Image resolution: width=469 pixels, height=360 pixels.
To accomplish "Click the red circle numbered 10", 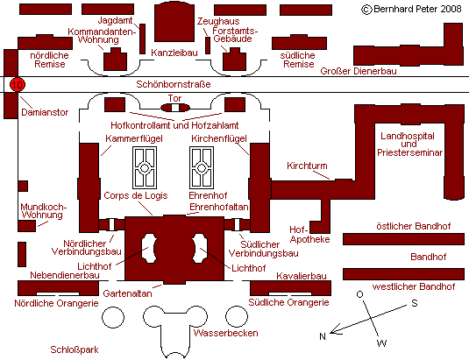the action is pos(18,85).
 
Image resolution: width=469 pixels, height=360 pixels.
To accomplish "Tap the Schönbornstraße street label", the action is pos(174,84).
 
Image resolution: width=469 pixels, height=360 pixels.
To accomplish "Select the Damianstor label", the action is pos(45,112).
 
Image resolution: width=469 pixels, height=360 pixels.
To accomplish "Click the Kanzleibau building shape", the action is pos(174,22).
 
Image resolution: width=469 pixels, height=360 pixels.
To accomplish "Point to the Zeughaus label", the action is pos(218,21).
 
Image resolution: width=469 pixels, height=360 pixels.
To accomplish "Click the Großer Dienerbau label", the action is pos(359,71).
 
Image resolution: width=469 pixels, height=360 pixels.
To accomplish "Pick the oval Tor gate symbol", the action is pos(175,108).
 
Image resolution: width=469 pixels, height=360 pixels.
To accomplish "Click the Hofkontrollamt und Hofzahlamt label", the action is pos(174,125).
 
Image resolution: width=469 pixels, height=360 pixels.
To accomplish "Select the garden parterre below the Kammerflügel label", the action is pos(145,167).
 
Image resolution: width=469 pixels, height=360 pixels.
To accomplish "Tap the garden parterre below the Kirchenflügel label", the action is pos(202,167).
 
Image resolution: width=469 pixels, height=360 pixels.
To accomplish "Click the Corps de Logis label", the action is pos(136,195).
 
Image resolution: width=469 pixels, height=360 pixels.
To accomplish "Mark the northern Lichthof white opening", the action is pos(149,248).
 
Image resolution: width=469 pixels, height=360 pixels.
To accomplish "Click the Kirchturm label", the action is pos(307,166).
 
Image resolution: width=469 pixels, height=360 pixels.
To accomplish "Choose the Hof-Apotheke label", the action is pos(309,234).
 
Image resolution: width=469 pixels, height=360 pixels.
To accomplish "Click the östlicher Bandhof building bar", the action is pos(403,239).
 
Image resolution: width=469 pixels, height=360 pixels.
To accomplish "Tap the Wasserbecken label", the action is pos(225,333).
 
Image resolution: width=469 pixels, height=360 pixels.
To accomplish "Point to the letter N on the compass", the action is pos(322,336).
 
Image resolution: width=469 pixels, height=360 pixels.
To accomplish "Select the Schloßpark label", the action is pos(75,349).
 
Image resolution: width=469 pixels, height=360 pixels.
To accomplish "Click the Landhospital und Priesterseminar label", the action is pos(409,144).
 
